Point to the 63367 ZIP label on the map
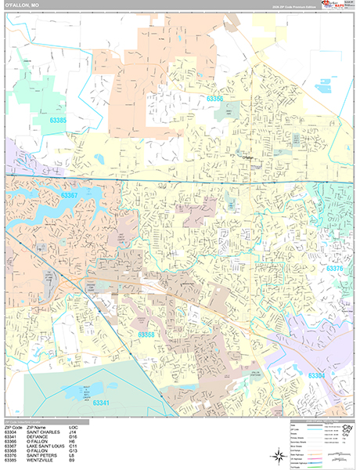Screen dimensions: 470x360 click(x=69, y=195)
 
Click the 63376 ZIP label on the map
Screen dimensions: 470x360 click(x=334, y=269)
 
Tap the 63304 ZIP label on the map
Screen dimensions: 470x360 click(x=317, y=375)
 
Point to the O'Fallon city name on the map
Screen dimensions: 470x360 click(x=250, y=157)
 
